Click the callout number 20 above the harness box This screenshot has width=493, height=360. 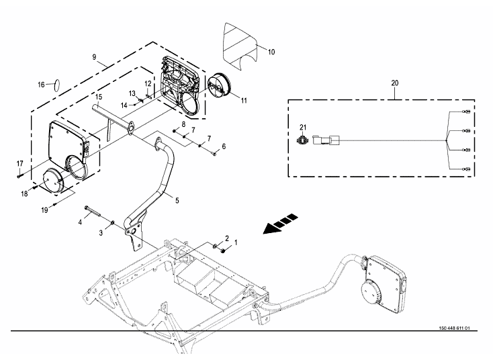point(394,83)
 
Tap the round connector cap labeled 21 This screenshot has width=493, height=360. point(302,138)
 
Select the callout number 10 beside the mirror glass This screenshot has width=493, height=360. point(271,52)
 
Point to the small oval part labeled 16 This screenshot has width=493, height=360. point(57,85)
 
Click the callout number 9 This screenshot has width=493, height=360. point(94,57)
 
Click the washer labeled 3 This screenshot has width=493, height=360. point(112,224)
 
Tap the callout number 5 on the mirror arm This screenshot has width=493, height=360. point(177,200)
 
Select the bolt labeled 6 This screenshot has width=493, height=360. point(214,154)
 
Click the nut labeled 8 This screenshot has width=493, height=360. point(174,130)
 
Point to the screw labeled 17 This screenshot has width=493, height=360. point(19,176)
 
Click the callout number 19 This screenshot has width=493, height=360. point(44,210)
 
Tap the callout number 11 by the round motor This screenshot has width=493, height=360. point(244,101)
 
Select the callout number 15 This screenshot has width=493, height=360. point(99,97)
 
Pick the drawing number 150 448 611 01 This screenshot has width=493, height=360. point(455,328)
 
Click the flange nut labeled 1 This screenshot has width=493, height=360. point(223,251)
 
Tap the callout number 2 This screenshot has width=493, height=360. point(227,238)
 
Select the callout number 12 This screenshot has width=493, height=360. point(148,84)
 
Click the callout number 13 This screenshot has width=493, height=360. point(132,93)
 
